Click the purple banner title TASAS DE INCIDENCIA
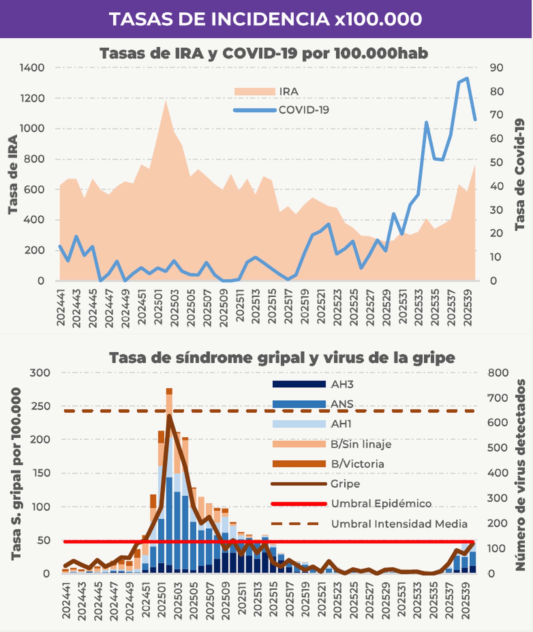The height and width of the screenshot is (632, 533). pyautogui.click(x=265, y=19)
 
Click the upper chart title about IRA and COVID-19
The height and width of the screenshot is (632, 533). pyautogui.click(x=264, y=53)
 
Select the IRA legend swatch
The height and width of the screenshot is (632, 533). pyautogui.click(x=255, y=92)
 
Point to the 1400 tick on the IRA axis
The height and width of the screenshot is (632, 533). pyautogui.click(x=32, y=68)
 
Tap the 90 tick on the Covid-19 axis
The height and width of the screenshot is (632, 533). pyautogui.click(x=496, y=68)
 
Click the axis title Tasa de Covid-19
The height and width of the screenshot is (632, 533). pyautogui.click(x=520, y=174)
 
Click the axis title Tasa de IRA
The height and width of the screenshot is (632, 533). pyautogui.click(x=13, y=174)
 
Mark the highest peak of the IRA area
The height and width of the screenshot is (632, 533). pyautogui.click(x=166, y=101)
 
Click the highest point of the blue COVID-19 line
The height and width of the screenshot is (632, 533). pyautogui.click(x=467, y=79)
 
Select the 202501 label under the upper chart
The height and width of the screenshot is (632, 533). pyautogui.click(x=158, y=307)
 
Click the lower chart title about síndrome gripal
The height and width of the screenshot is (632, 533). pyautogui.click(x=282, y=358)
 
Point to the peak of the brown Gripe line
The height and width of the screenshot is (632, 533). pyautogui.click(x=169, y=416)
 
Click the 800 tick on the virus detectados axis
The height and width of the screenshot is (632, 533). pyautogui.click(x=498, y=373)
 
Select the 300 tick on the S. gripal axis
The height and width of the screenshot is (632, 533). pyautogui.click(x=40, y=373)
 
